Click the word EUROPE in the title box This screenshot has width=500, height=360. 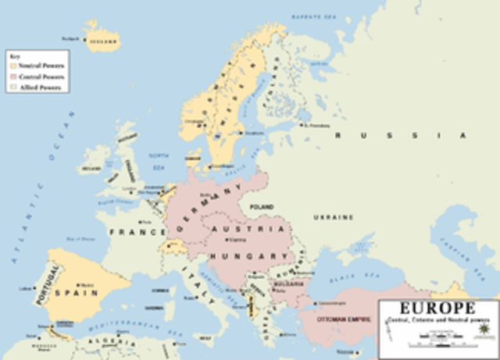click(x=437, y=308)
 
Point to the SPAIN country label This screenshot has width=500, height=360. click(x=80, y=292)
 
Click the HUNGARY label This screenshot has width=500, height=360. click(x=250, y=255)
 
